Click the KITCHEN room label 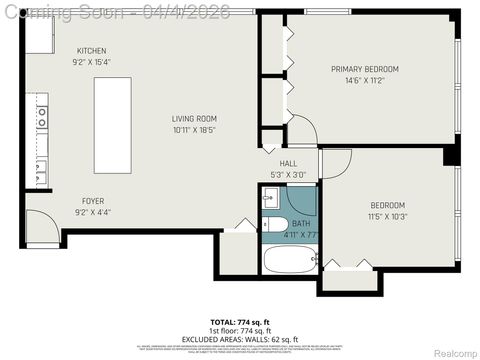[92, 51]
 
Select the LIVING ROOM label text [194, 118]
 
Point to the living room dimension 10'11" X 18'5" [194, 130]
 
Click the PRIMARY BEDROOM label [365, 69]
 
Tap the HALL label [288, 163]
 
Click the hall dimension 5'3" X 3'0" [288, 174]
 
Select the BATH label [301, 224]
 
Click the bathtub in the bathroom [289, 262]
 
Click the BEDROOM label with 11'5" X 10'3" [387, 205]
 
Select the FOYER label [92, 200]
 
